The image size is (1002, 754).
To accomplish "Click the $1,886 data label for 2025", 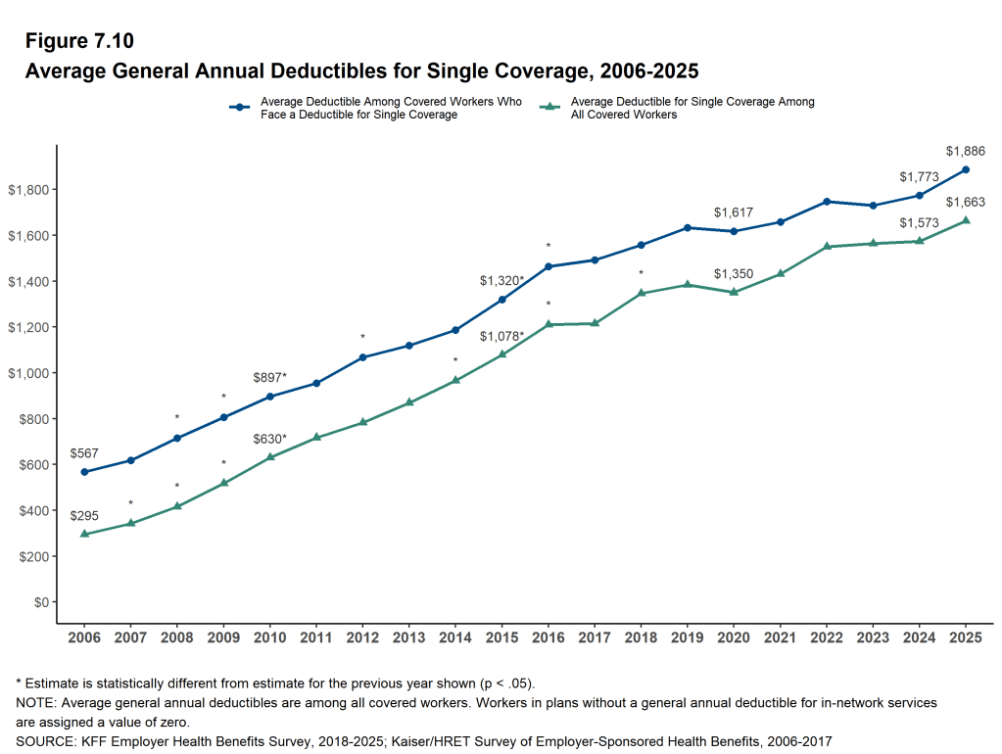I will (966, 151).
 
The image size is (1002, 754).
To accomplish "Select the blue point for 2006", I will (84, 472).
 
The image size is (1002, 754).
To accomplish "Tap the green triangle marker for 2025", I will (966, 220).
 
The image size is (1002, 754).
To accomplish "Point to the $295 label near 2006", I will (84, 515).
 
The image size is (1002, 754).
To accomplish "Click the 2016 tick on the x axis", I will (549, 637).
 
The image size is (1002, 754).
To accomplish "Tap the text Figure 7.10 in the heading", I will (79, 41).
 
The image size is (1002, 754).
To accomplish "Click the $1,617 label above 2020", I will (734, 212).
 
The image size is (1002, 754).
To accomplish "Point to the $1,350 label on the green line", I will (734, 274).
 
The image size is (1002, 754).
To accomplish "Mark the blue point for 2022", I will (827, 202).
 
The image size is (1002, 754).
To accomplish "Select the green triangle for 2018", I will (642, 293).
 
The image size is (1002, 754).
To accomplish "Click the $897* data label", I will (270, 377).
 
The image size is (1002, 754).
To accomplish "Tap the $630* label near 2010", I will (270, 439).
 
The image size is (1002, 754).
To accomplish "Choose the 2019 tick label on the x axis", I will (688, 637).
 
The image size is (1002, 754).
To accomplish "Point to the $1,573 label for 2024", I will (920, 222).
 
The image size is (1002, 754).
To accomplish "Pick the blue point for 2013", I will (409, 346).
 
